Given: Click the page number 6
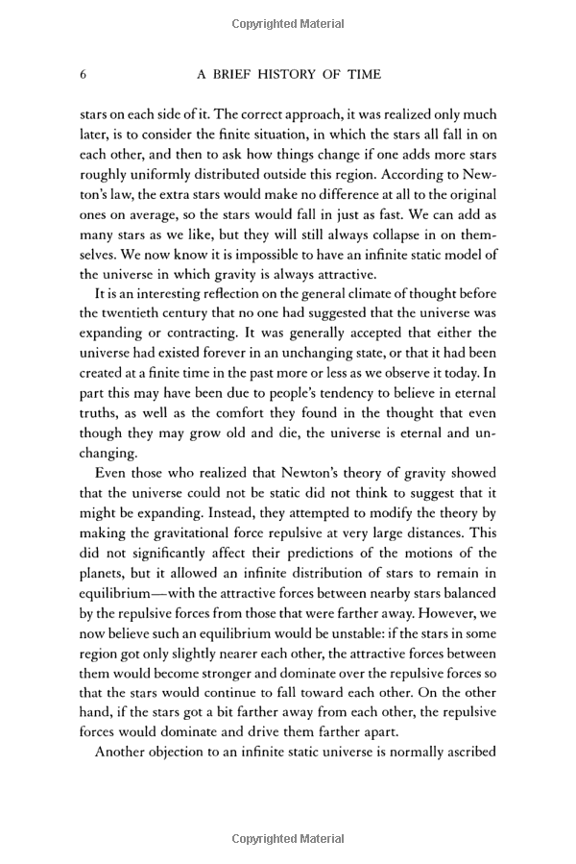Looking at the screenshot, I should [x=84, y=75].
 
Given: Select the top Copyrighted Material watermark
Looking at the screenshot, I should [x=288, y=21].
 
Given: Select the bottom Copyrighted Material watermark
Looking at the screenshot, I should [x=288, y=839].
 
